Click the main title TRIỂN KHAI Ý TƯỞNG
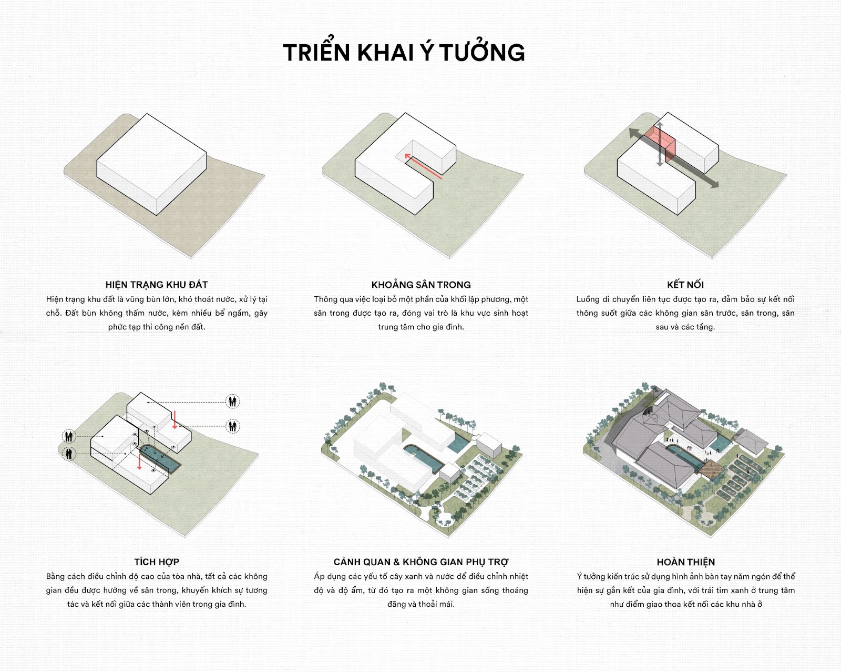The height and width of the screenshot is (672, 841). pos(404,53)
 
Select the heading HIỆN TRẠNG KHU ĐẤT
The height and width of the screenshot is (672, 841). pos(157,285)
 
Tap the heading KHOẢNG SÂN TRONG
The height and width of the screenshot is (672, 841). pos(421,285)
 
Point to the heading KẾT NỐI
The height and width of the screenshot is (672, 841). pos(685,285)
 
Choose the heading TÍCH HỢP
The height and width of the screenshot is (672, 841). pos(157,562)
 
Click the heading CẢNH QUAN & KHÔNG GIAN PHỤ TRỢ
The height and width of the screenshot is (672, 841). pos(421,562)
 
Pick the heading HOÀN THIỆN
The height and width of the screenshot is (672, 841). pos(685,562)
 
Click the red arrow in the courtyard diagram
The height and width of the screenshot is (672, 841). pos(423,166)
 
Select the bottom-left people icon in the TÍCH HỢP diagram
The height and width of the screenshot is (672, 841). pos(69,454)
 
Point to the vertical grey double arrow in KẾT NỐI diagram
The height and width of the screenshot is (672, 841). pos(660,144)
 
